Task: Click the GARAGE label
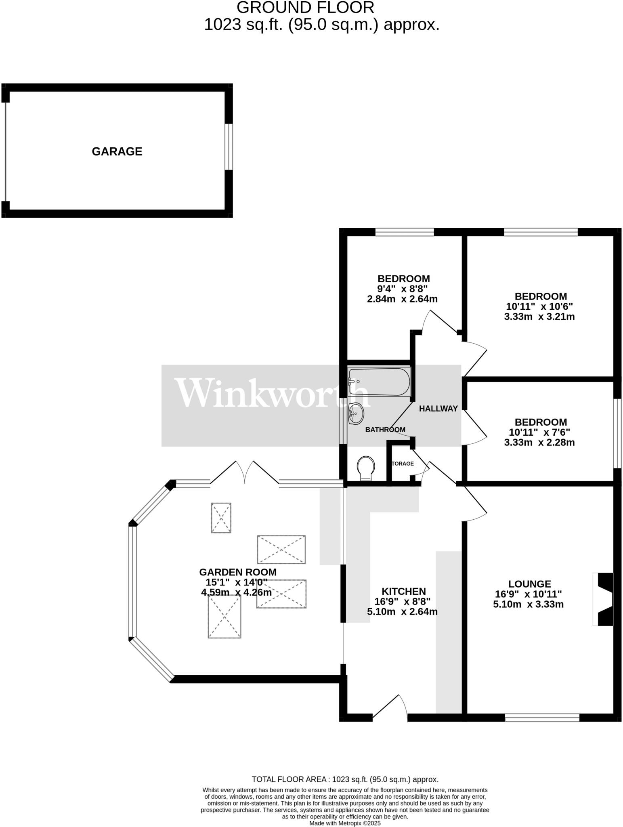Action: tap(117, 151)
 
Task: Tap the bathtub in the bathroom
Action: tap(379, 381)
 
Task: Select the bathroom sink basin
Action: tap(355, 413)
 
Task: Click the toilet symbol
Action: tap(366, 468)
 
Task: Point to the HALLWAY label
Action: tap(438, 409)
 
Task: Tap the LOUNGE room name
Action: tap(529, 584)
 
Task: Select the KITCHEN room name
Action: tap(403, 592)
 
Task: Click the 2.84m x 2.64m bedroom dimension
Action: tap(402, 299)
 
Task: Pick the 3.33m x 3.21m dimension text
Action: tap(539, 317)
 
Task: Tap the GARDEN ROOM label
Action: tap(237, 572)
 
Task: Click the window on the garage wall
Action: tap(229, 147)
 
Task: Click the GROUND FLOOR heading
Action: tap(305, 8)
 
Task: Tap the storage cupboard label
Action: tap(402, 464)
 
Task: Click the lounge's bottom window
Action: tap(542, 718)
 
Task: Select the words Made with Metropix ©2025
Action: tap(345, 823)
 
